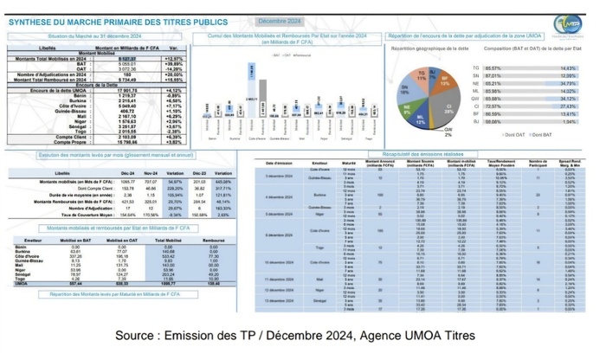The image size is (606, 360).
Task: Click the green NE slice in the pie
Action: coord(407,109)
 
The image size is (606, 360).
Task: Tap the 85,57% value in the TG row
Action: coord(493,67)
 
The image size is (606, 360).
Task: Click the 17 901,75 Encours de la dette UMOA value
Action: coord(127,90)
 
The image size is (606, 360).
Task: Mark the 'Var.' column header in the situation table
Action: coord(174,48)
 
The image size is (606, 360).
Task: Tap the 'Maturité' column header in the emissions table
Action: coord(349,163)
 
